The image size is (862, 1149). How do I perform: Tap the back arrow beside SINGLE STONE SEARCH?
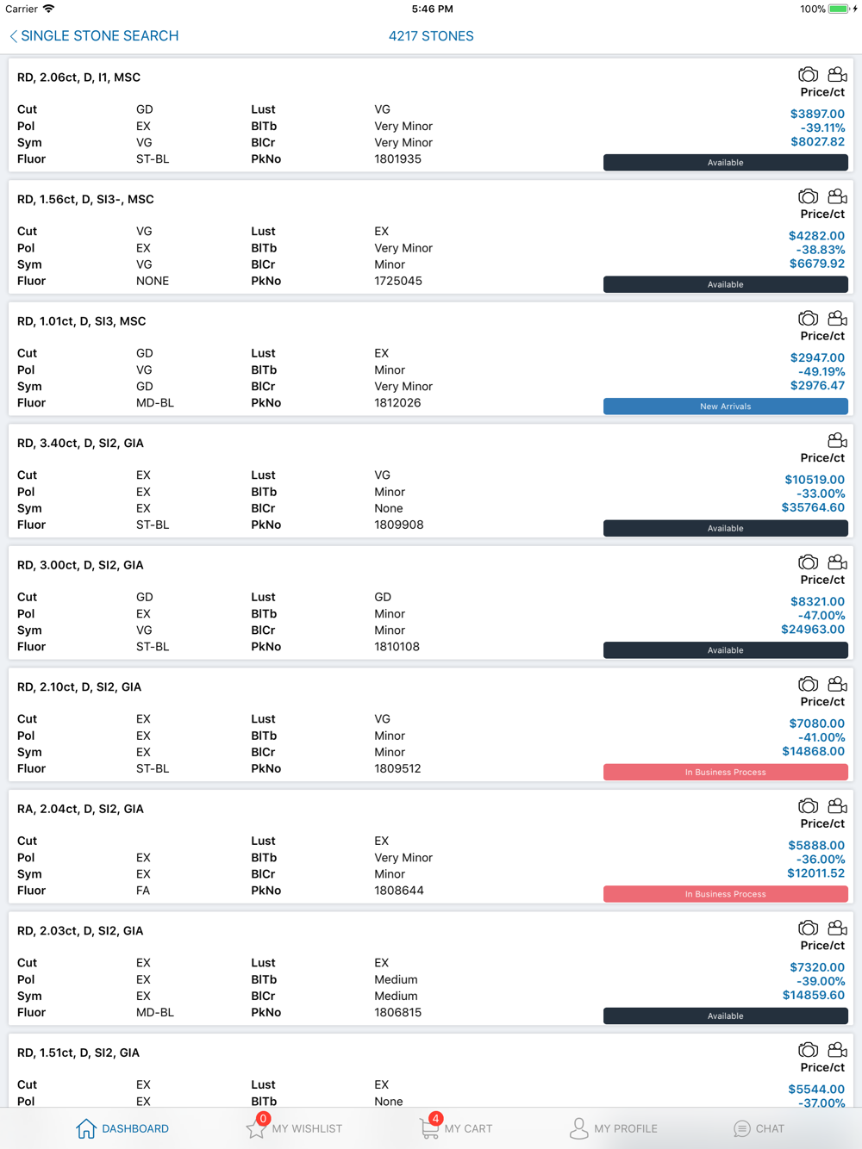point(13,36)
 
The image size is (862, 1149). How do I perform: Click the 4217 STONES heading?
point(431,36)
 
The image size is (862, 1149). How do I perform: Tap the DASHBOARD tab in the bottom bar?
point(122,1128)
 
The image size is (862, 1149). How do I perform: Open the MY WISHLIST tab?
point(294,1128)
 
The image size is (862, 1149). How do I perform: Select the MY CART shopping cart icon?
point(428,1128)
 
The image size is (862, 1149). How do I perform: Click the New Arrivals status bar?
point(725,407)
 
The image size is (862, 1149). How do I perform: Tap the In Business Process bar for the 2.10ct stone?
point(725,772)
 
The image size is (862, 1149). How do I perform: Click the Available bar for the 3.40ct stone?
point(725,528)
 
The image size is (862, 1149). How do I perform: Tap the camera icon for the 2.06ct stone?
point(808,75)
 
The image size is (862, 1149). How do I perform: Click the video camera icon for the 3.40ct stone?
point(837,441)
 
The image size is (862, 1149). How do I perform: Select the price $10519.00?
point(815,480)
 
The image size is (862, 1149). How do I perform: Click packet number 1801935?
point(397,159)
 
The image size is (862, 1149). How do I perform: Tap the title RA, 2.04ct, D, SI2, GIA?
point(80,809)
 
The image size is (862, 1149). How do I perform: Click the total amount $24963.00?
point(813,630)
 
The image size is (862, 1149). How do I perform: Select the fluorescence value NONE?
point(153,281)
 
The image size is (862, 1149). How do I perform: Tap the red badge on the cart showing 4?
point(435,1118)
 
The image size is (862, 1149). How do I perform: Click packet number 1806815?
point(397,1013)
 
